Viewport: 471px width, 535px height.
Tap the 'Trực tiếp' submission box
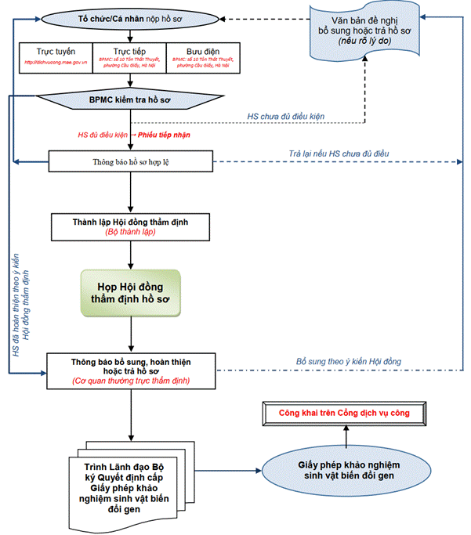[130, 56]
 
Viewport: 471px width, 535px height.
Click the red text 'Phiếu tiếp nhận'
[164, 135]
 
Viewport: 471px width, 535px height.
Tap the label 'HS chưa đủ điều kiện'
[285, 116]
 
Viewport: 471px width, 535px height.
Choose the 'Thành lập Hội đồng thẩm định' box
[130, 222]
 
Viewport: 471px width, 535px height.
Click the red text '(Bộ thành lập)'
[130, 233]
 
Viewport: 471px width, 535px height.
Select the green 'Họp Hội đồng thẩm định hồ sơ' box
[130, 292]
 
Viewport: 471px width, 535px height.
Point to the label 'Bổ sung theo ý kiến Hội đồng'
[348, 361]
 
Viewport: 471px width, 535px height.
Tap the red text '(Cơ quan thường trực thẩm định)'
[130, 381]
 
